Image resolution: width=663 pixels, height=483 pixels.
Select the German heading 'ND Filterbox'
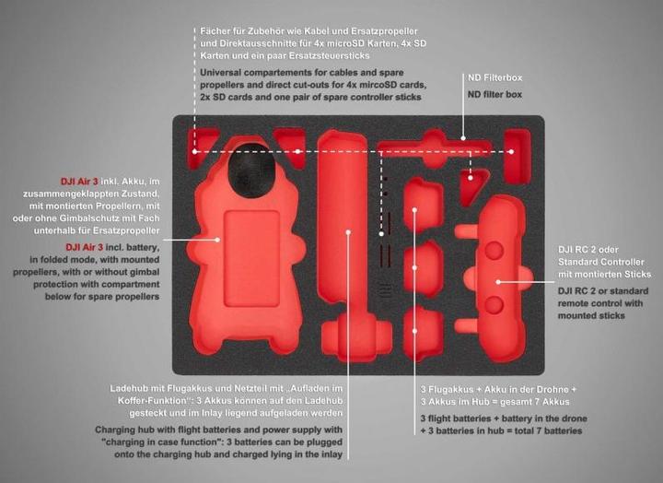click(495, 78)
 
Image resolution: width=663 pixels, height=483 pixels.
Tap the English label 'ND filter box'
click(495, 95)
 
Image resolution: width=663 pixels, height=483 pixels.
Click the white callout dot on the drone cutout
click(218, 239)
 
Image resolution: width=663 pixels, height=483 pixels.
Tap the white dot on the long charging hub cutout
click(348, 232)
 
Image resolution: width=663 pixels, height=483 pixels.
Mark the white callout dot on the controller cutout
click(498, 282)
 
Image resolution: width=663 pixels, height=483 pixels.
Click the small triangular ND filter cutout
click(472, 188)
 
